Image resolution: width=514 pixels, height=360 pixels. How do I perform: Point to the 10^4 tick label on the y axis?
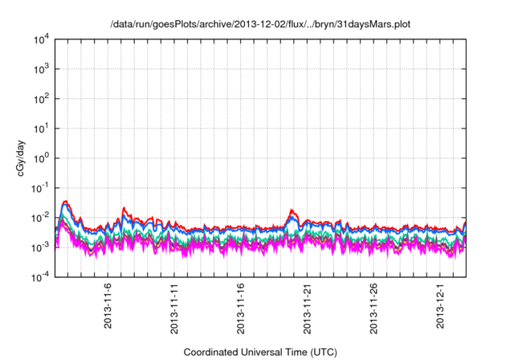(41, 39)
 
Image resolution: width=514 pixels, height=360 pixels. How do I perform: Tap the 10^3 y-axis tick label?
(41, 69)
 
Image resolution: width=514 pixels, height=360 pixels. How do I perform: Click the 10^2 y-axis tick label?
(41, 99)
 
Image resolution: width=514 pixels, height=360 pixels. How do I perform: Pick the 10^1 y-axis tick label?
(41, 128)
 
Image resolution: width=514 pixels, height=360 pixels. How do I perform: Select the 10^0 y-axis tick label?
(41, 157)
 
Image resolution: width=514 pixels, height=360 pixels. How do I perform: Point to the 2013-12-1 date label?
(439, 305)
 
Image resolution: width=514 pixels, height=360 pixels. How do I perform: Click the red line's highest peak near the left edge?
(66, 201)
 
